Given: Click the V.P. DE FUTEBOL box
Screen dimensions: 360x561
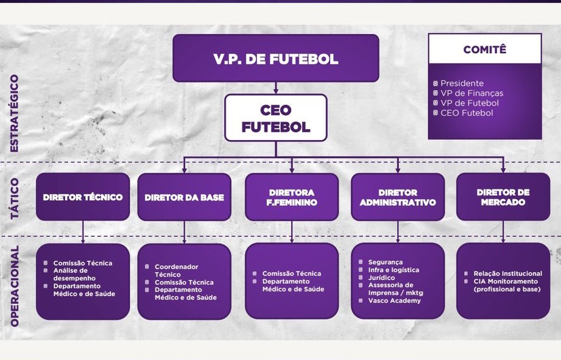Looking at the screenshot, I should [275, 58].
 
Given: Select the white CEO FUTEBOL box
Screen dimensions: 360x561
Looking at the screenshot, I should [275, 119].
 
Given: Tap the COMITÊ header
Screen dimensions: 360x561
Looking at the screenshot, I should [484, 49].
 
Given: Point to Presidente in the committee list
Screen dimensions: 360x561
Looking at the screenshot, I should [462, 83].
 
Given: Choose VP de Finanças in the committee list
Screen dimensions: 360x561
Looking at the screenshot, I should [471, 93].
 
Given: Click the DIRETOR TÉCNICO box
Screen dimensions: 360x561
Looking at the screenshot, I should [83, 197].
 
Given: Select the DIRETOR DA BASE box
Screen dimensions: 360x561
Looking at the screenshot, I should [184, 197].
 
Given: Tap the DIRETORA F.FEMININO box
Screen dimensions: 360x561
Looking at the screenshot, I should [292, 197].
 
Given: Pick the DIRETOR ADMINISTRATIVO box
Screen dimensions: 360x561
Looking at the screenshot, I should [398, 197].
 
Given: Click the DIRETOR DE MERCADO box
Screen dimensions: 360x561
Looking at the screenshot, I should [503, 197].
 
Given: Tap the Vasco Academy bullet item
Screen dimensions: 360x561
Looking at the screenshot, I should [394, 300].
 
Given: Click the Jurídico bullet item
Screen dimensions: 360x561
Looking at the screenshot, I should [381, 278].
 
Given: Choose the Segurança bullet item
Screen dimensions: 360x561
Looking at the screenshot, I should [385, 262].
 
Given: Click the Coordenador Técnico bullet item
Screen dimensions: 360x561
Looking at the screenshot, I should [176, 270].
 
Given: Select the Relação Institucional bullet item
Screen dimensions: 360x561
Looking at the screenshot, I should [507, 274].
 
